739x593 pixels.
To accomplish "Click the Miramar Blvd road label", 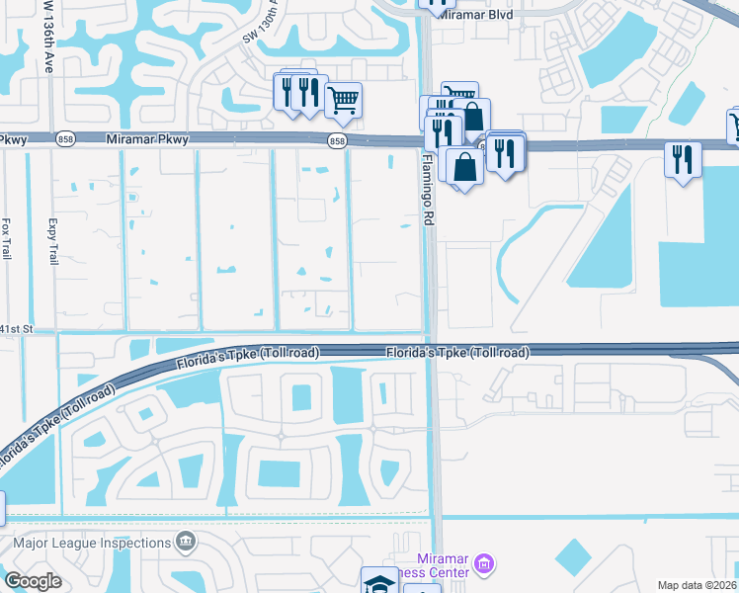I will point(479,15).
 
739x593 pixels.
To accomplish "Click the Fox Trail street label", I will point(7,237).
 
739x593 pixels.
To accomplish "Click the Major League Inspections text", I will point(93,543).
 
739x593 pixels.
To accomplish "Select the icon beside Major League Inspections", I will point(185,542).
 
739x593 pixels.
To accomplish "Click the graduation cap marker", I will point(377,583).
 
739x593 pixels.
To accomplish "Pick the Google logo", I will point(32,581).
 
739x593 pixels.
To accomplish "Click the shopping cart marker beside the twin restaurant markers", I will point(343,98).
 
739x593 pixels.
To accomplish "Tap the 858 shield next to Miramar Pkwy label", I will point(64,140).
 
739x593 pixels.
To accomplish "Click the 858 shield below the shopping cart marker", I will point(338,141).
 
